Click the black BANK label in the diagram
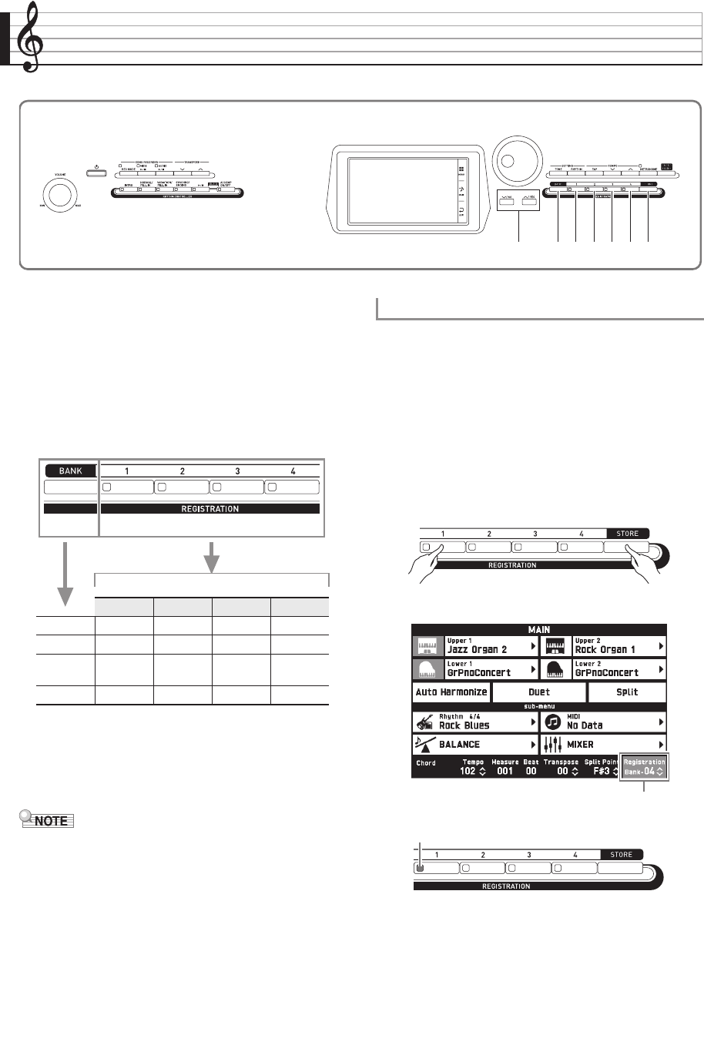pos(71,471)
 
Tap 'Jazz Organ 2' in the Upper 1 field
pos(477,649)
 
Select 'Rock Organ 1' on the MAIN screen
pos(605,649)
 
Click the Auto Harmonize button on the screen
pos(451,692)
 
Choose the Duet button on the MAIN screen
pos(539,692)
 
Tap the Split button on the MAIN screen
pos(627,692)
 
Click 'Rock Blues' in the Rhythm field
pos(464,725)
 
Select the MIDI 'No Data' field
pos(585,725)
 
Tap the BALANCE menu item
pos(459,745)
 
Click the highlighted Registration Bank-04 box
pos(644,766)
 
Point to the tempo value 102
pos(468,771)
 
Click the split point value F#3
pos(601,771)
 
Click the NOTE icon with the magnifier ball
pos(45,820)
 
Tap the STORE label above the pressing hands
pos(627,533)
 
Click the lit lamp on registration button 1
pos(421,868)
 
